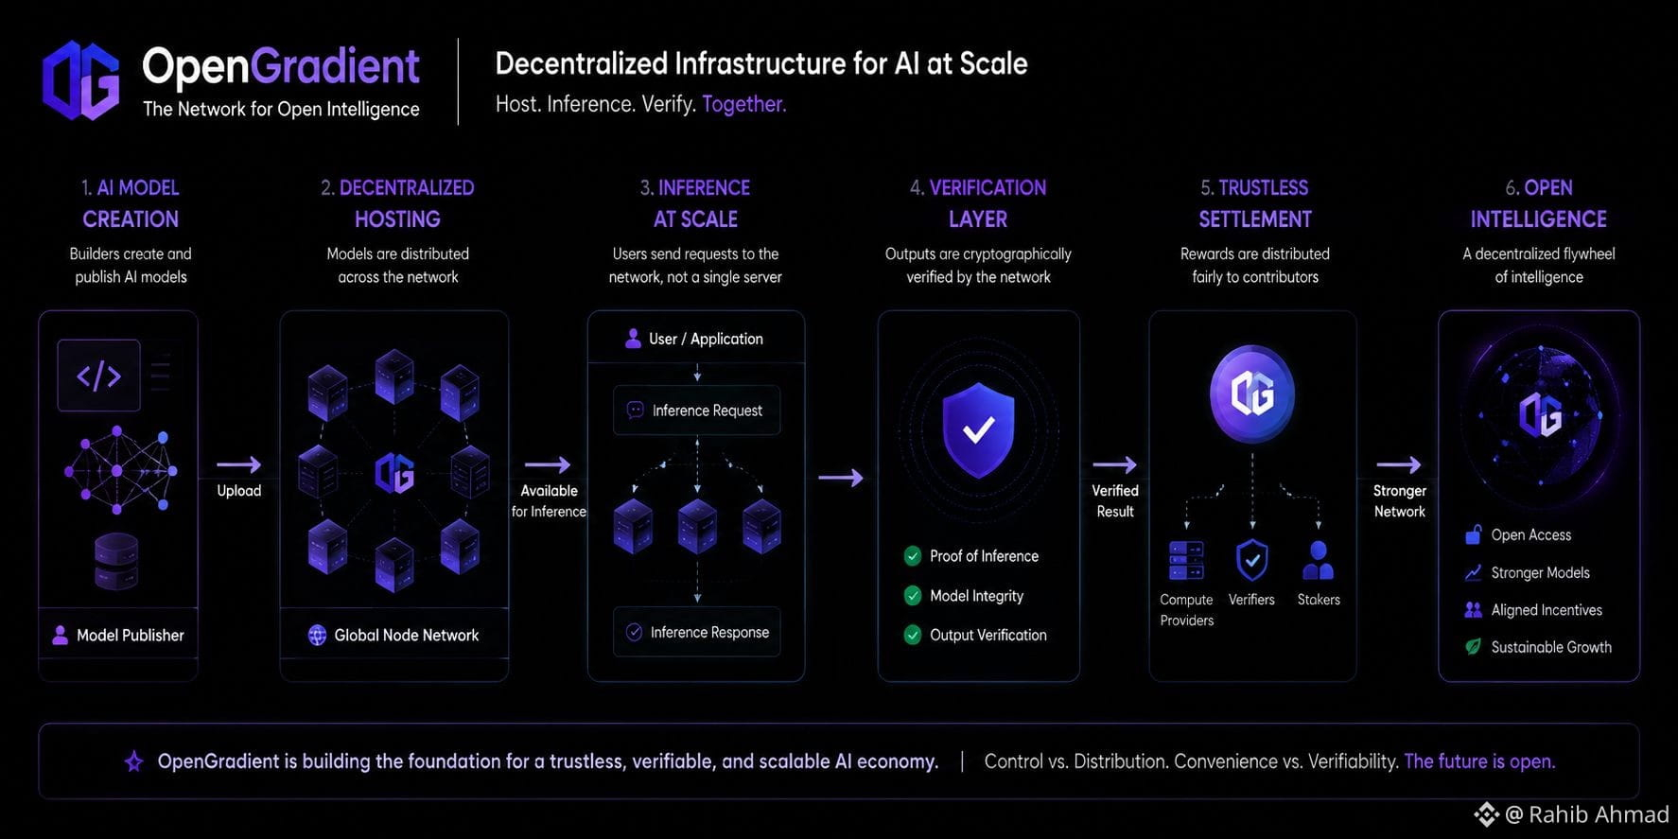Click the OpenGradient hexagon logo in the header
coord(81,80)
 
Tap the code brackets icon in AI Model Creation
coord(98,376)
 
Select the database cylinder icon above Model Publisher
coord(116,560)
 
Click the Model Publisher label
coord(131,636)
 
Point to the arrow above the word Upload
coord(238,464)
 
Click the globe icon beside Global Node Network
coord(317,636)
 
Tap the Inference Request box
coord(697,411)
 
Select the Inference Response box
coord(697,632)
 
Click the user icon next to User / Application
coord(633,339)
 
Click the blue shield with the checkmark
coord(978,430)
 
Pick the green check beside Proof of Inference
coord(913,556)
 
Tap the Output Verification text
coord(988,636)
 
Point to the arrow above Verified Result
coord(1114,464)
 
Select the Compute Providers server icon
coord(1186,561)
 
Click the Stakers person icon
coord(1318,560)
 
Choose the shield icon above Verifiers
coord(1252,560)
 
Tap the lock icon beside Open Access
coord(1473,535)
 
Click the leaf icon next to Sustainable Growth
coord(1473,647)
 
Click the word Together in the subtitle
coord(743,104)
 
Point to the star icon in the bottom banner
coord(134,761)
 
